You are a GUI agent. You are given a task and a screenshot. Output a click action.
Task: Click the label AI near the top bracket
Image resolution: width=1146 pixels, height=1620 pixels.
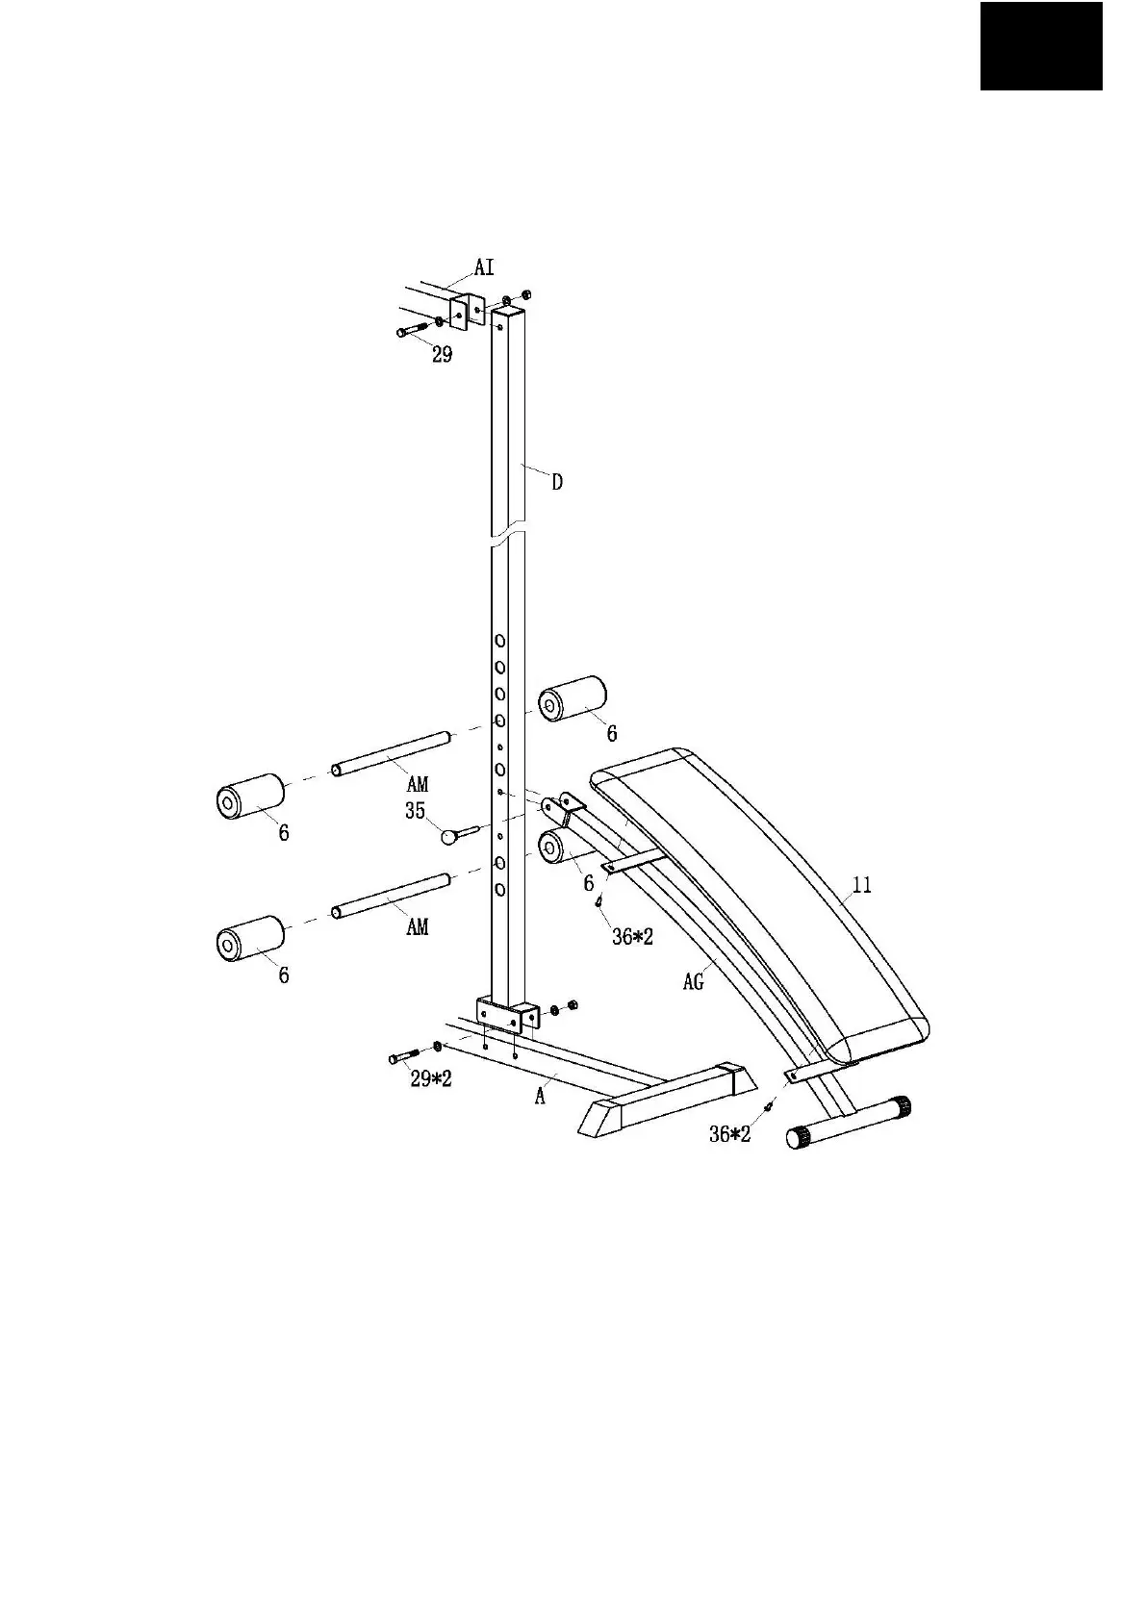pos(483,266)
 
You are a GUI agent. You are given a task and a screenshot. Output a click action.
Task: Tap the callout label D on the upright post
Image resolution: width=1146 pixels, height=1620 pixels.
pos(557,482)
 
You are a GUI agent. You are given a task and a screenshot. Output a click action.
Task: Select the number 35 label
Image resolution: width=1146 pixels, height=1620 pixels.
pos(415,811)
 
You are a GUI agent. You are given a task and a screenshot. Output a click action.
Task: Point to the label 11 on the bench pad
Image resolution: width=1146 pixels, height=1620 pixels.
pos(862,885)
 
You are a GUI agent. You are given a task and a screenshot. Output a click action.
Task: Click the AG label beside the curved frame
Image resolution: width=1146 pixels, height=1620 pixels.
pos(694,982)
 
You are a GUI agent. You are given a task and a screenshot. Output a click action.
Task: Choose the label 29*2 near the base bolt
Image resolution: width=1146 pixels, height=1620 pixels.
pos(431,1079)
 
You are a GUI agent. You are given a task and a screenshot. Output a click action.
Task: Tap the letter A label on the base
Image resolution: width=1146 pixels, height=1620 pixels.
pos(541,1096)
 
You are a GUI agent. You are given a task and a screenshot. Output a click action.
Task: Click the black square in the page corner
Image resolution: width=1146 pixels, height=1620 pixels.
pos(1041,46)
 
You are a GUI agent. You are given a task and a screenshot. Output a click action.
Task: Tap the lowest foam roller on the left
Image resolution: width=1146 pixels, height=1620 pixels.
pos(250,939)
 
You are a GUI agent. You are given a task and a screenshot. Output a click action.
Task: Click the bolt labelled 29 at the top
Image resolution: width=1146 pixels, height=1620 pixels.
pos(413,329)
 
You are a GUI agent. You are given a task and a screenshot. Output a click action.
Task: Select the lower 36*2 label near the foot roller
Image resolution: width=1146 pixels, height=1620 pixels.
pos(729,1135)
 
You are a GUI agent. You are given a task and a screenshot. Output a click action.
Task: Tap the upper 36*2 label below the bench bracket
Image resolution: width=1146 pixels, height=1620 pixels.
pos(632,936)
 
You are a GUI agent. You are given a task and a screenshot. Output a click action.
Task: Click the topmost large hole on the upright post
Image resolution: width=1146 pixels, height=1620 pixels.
pos(500,641)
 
